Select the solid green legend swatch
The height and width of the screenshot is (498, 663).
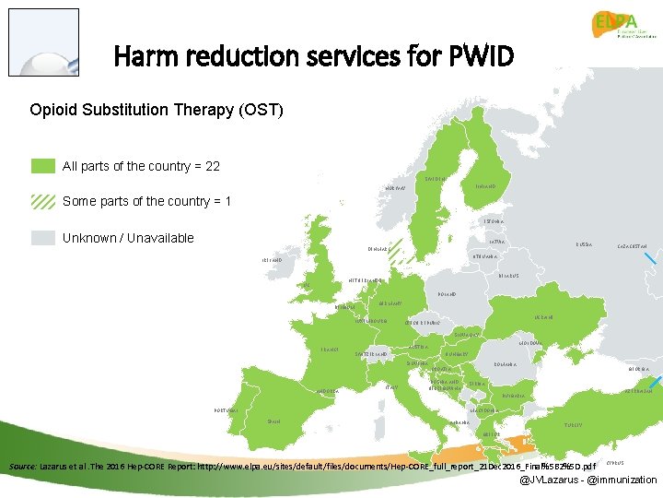click(42, 166)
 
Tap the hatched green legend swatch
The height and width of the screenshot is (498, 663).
click(42, 201)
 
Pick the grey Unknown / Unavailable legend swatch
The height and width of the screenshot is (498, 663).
click(42, 238)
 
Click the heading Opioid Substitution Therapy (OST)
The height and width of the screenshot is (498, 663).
click(157, 111)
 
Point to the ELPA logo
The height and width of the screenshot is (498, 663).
click(624, 32)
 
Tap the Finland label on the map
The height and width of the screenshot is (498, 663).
click(486, 186)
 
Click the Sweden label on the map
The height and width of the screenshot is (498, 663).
click(436, 178)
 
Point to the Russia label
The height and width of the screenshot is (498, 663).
click(584, 244)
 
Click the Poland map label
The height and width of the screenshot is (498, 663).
click(442, 294)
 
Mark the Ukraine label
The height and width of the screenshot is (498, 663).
click(543, 317)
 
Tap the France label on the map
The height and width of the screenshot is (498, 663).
click(330, 350)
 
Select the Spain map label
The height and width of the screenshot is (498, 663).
click(273, 421)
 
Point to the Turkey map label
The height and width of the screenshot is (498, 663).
click(573, 425)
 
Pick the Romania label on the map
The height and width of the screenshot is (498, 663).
click(505, 364)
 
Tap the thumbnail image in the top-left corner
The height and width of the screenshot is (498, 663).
click(43, 42)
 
